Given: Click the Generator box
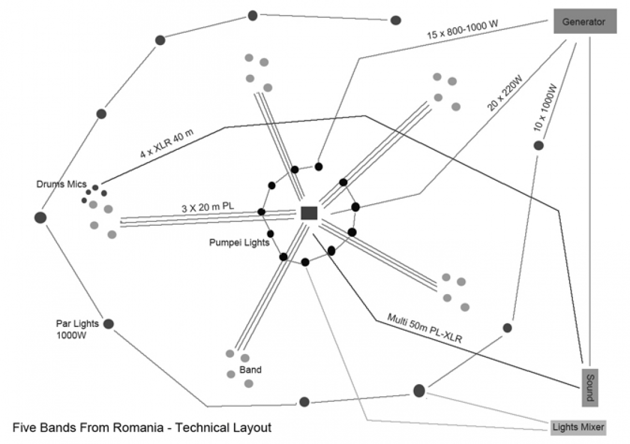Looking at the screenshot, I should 585,22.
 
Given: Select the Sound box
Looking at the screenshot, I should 590,386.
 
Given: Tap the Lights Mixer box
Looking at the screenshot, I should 578,427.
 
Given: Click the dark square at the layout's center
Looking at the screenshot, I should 309,213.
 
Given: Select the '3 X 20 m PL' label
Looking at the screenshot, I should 208,208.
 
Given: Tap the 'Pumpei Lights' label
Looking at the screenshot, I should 239,243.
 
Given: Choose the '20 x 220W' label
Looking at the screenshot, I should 505,94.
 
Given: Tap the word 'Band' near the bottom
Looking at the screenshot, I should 250,370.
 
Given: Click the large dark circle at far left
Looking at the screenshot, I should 40,218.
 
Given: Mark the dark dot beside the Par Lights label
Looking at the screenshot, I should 109,324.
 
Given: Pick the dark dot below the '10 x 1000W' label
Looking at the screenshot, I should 538,146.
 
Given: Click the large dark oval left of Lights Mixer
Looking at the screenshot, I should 419,391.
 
